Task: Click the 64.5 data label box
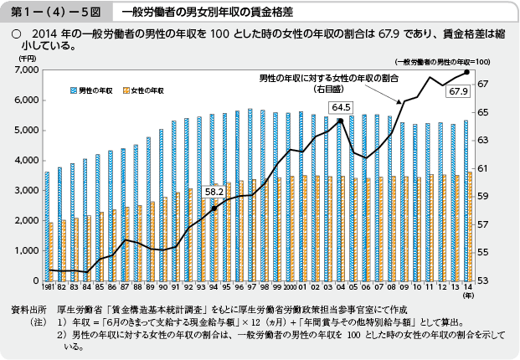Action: (341, 107)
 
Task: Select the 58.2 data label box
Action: (214, 191)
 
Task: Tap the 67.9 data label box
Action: (458, 91)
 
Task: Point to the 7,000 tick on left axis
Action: (25, 70)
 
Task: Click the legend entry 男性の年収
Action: (96, 88)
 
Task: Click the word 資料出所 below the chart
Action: (27, 308)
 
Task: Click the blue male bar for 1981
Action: (47, 226)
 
